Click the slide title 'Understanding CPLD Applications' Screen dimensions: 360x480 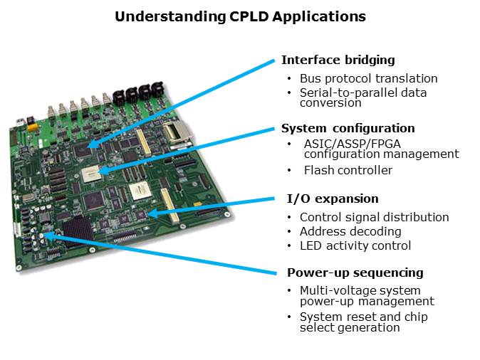(240, 16)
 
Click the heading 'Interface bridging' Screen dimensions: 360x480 (338, 60)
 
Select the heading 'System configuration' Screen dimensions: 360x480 (348, 129)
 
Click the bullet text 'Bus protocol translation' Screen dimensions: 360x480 (368, 79)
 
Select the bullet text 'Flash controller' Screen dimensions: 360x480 (348, 171)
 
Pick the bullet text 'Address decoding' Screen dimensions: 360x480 (350, 232)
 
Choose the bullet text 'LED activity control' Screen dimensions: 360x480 (355, 246)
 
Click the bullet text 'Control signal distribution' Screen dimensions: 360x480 (374, 218)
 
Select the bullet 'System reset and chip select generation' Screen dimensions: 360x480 (363, 322)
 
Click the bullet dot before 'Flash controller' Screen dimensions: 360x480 (289, 171)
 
